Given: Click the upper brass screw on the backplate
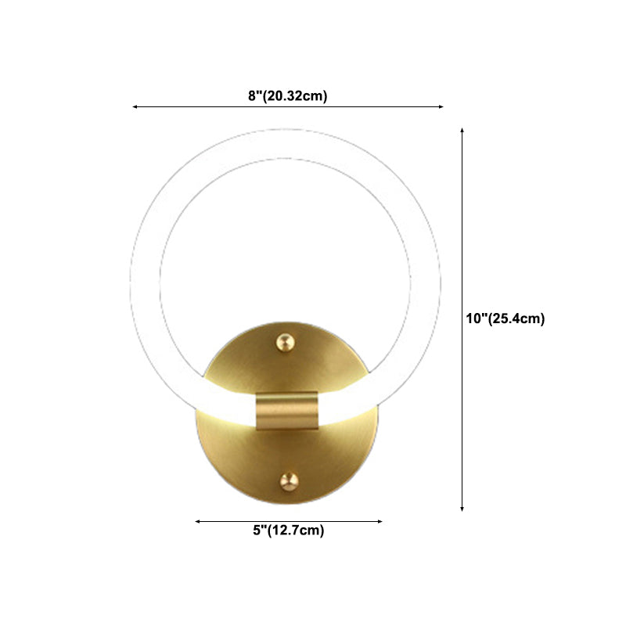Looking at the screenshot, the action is click(286, 343).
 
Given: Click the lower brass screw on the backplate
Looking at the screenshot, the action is click(289, 481).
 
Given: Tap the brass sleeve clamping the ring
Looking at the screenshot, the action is click(287, 411).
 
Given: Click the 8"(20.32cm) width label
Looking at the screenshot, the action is click(288, 95).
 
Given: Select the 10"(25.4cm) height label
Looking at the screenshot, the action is click(505, 318).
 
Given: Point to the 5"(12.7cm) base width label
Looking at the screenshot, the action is click(289, 531).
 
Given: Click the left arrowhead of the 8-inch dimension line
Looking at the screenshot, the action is click(135, 107).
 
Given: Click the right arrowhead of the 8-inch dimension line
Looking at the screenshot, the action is click(441, 106).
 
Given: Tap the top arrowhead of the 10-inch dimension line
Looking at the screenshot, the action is click(462, 131).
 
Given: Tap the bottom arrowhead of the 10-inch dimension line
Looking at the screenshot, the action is click(462, 509).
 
